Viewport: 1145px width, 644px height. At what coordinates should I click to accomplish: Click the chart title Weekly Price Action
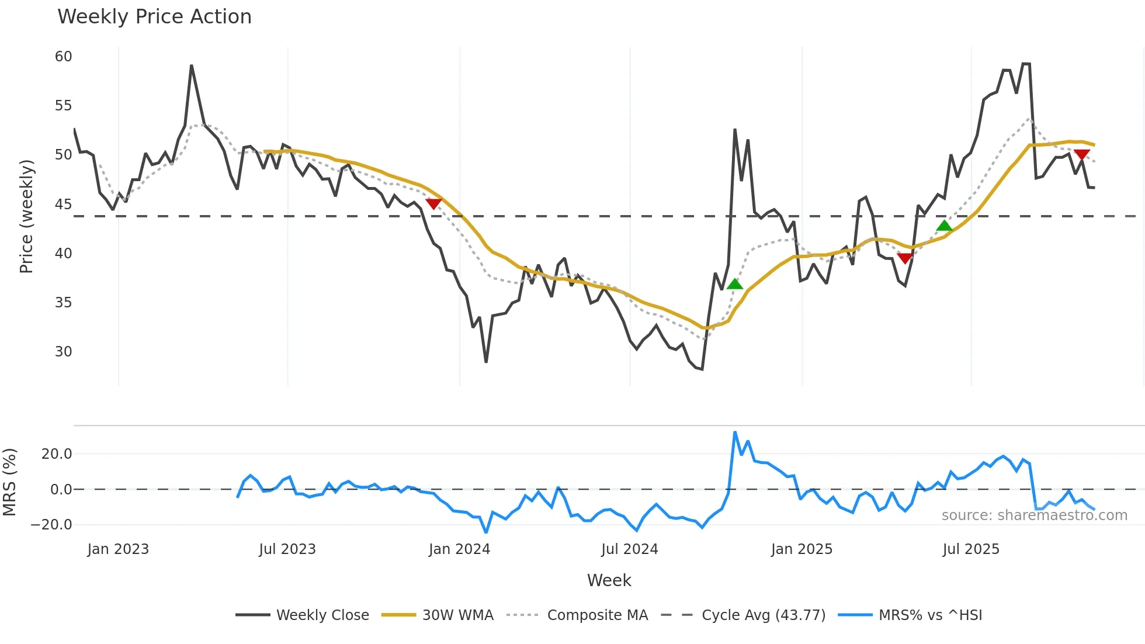coord(154,17)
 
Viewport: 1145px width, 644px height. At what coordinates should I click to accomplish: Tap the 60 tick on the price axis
coord(64,57)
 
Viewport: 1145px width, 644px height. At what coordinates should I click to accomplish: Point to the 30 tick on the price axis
coord(64,351)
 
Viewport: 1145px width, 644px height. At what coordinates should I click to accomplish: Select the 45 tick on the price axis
coord(64,204)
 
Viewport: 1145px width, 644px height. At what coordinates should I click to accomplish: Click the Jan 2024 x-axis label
coord(459,549)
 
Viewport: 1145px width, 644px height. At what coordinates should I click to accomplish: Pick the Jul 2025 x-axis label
coord(971,549)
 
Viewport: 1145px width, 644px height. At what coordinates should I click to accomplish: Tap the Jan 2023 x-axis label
coord(118,549)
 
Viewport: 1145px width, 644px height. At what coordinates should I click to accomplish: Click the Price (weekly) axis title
coord(27,216)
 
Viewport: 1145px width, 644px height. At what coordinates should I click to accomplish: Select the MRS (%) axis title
coord(10,482)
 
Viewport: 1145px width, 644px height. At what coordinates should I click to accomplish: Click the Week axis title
coord(609,580)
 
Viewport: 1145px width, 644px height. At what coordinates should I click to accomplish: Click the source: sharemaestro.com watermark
coord(1034,515)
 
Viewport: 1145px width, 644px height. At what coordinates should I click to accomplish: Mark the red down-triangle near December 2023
coord(433,203)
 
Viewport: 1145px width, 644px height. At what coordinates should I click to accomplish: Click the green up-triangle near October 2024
coord(735,284)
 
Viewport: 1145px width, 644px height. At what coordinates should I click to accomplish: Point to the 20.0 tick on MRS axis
coord(57,454)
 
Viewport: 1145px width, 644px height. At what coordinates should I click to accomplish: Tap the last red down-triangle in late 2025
coord(1082,155)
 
